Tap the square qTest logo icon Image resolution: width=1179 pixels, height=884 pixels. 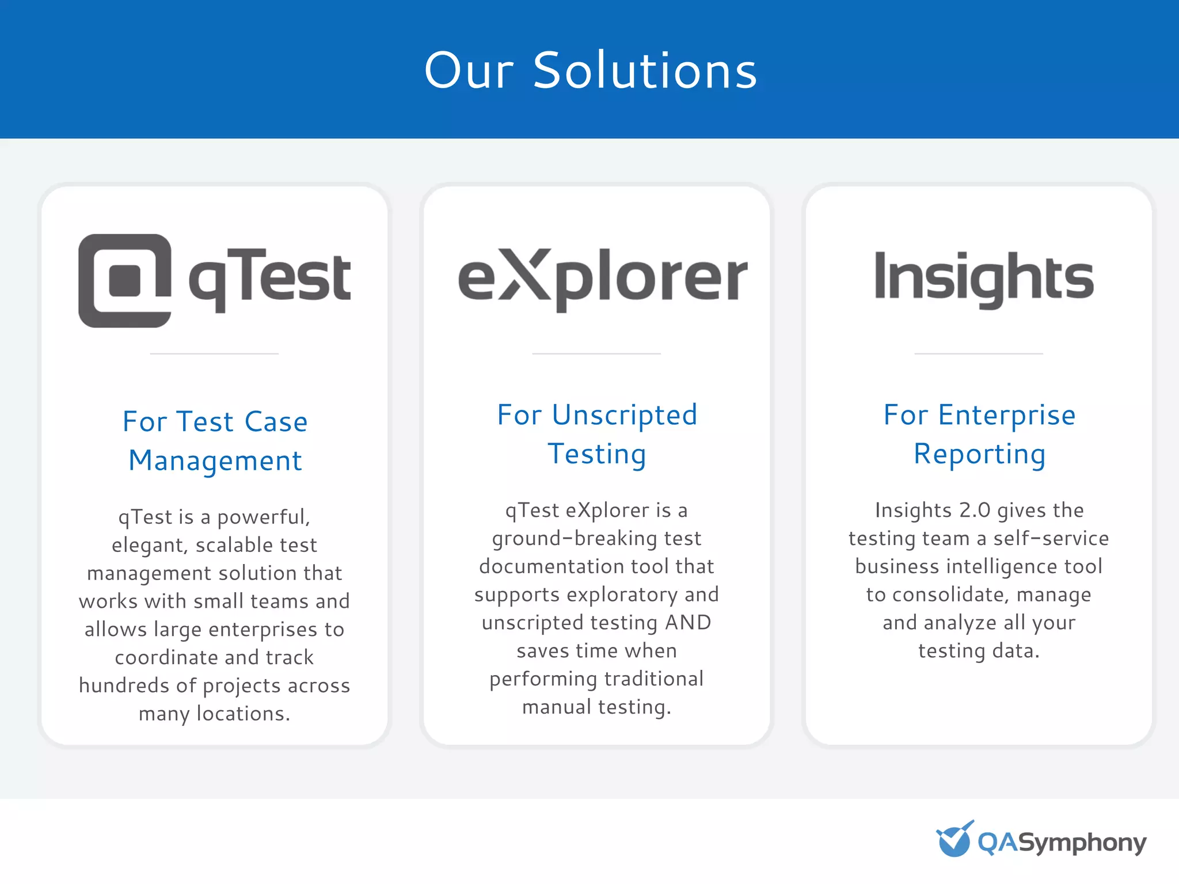(125, 281)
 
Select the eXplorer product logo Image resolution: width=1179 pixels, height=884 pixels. (602, 279)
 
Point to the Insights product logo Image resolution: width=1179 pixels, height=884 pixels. (984, 278)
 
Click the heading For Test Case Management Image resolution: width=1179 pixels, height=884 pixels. (215, 441)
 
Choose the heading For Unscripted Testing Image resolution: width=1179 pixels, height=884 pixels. (597, 435)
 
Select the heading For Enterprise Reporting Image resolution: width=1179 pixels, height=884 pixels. (979, 435)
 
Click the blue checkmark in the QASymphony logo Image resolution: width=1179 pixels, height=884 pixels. (954, 839)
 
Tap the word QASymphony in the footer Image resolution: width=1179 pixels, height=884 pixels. (1062, 843)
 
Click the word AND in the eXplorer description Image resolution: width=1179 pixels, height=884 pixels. (688, 623)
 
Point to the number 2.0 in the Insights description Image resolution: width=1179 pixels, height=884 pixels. (975, 510)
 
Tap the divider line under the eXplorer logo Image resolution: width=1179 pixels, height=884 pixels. (596, 353)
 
